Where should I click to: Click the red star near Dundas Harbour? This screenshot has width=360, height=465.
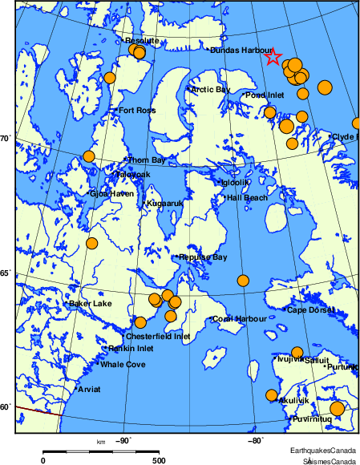[x=273, y=56]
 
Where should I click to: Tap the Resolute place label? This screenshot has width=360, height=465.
[x=142, y=40]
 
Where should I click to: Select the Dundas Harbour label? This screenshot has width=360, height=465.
[x=241, y=50]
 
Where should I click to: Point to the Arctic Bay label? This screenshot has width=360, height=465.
[x=209, y=89]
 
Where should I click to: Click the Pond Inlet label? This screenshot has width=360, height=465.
[x=265, y=95]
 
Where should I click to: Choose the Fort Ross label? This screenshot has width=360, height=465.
[x=136, y=110]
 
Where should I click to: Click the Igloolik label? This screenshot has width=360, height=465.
[x=237, y=182]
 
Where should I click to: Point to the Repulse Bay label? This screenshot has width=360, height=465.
[x=204, y=257]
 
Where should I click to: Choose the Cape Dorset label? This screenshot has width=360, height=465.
[x=308, y=309]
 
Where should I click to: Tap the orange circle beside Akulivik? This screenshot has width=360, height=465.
[x=271, y=394]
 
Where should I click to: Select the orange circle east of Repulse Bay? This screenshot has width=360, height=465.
[x=243, y=281]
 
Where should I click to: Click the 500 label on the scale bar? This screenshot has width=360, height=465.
[x=159, y=461]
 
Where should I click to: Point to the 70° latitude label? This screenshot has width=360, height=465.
[x=4, y=139]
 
